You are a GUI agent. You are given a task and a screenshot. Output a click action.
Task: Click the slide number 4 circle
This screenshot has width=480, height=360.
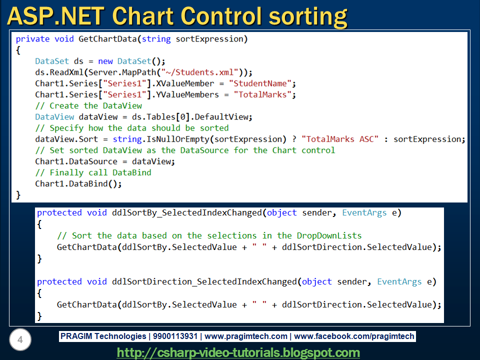coord(20,340)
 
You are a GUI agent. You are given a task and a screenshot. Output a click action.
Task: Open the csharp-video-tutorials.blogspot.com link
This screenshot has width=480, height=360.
coord(238,352)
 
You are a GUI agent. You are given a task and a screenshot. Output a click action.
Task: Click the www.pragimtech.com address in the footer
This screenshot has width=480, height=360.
coord(246,336)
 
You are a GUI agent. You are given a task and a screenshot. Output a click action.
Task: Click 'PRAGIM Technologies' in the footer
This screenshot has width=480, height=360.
coord(103,336)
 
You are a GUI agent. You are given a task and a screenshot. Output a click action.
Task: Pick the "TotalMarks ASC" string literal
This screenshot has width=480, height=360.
coord(340,139)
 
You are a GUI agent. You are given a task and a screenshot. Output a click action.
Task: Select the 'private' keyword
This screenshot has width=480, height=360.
coord(33,38)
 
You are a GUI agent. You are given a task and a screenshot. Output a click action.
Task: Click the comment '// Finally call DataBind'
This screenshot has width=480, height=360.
coord(93,172)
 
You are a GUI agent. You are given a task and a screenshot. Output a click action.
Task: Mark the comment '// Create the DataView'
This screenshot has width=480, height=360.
coord(88,105)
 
